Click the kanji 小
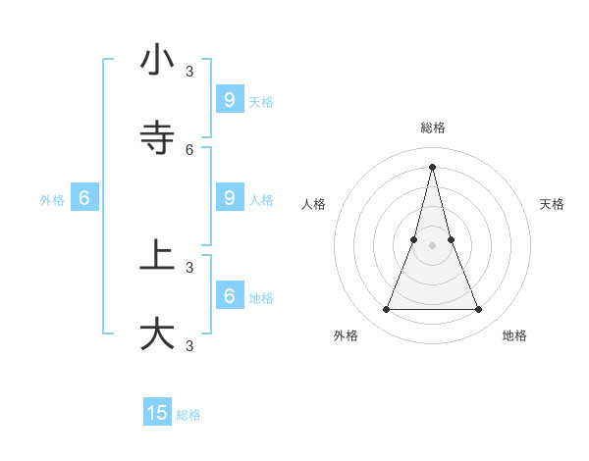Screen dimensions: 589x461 [x=157, y=61]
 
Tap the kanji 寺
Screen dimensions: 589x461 [x=157, y=138]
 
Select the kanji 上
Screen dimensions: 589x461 [x=157, y=256]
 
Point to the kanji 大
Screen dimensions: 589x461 [x=157, y=333]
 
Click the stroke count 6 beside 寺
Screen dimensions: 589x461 [x=189, y=150]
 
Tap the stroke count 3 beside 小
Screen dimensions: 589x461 [x=189, y=72]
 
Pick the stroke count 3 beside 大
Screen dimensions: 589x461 [x=189, y=345]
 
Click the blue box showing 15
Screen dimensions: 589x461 [x=157, y=413]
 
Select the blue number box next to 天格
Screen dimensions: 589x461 [x=229, y=99]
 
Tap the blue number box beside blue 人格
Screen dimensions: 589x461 [x=229, y=197]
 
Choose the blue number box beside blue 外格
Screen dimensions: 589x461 [x=84, y=197]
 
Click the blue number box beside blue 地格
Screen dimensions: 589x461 [x=229, y=295]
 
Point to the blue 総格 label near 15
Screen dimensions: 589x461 [x=188, y=415]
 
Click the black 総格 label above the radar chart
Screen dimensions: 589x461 [x=433, y=128]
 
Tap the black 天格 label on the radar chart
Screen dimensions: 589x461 [x=552, y=204]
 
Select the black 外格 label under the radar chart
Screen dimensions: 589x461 [x=346, y=335]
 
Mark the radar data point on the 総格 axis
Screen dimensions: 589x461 [x=432, y=166]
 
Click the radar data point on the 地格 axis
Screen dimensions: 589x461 [x=479, y=310]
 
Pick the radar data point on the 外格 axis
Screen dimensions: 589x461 [x=386, y=310]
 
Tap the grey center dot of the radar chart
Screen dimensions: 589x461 [x=432, y=245]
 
